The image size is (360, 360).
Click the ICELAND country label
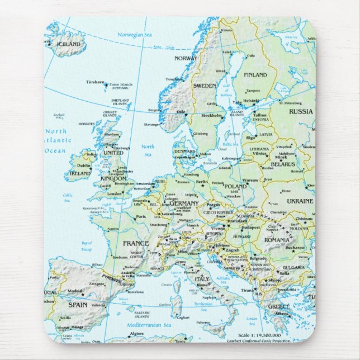point(69,44)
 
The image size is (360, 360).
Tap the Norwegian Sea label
point(134,35)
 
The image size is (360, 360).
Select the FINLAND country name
point(255,74)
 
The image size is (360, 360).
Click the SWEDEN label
point(205,86)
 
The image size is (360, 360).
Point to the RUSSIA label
point(301,111)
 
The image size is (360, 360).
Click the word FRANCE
point(135,244)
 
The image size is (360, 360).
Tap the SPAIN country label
point(78,305)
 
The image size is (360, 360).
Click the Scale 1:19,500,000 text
point(262,335)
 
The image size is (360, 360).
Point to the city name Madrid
point(75,291)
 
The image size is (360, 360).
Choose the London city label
point(114,193)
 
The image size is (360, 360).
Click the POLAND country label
point(235,186)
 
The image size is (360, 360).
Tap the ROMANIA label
point(277,239)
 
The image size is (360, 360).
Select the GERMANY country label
point(184,203)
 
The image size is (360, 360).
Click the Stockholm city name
point(211,116)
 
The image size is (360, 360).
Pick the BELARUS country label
point(283,164)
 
